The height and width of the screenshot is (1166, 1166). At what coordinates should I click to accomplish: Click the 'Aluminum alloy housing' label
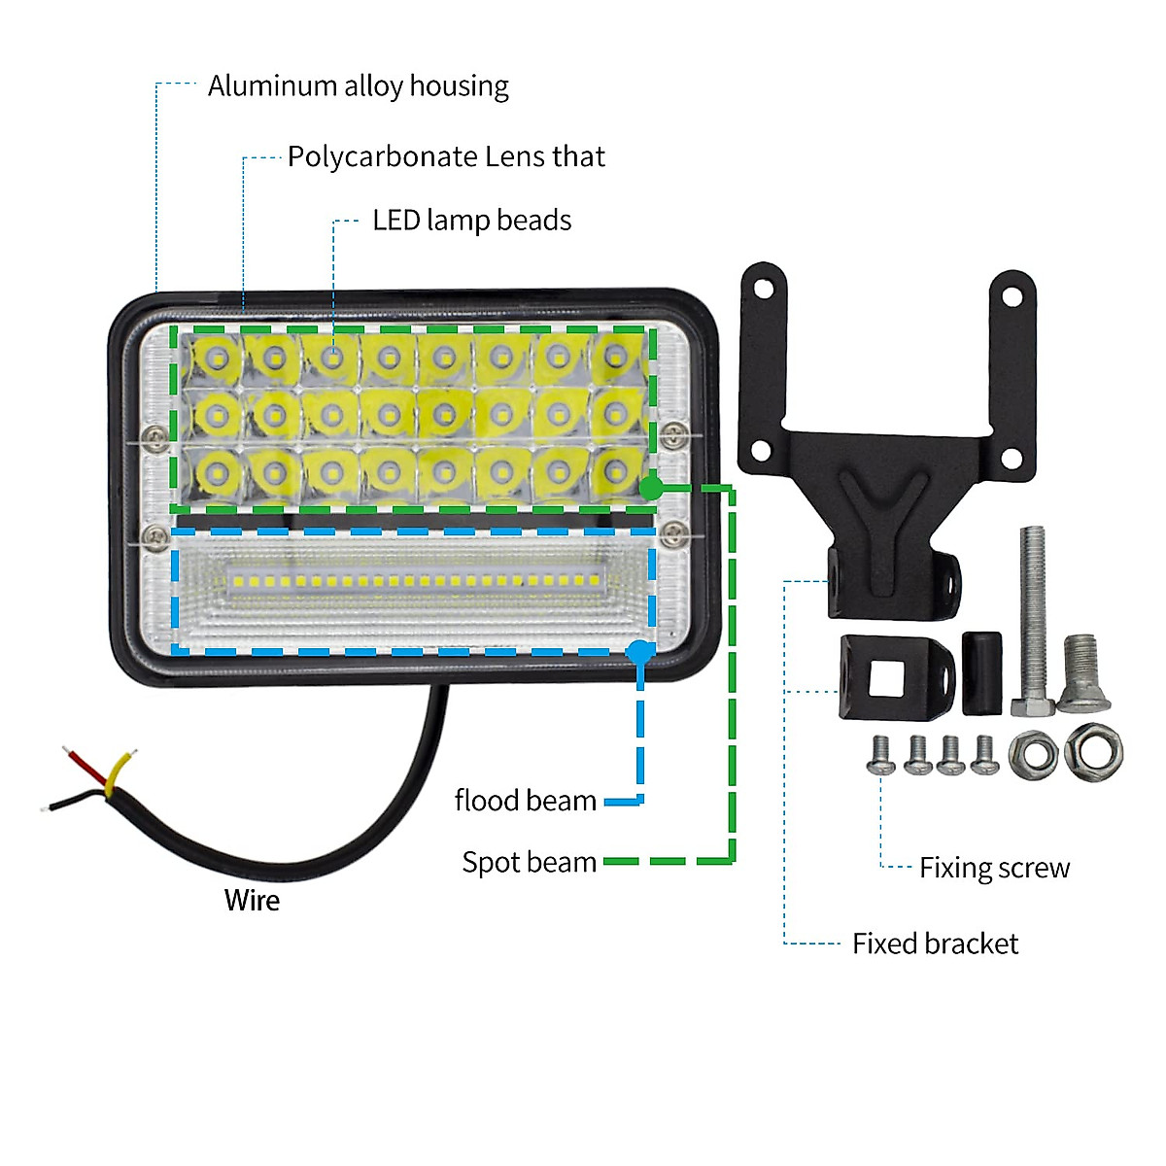pyautogui.click(x=358, y=86)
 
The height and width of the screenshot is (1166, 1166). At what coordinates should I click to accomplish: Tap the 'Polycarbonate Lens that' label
pyautogui.click(x=446, y=156)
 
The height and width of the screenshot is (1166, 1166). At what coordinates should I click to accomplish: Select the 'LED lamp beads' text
pyautogui.click(x=471, y=221)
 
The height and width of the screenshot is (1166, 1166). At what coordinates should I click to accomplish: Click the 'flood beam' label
pyautogui.click(x=525, y=801)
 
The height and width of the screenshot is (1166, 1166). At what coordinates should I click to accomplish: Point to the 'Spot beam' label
pyautogui.click(x=529, y=862)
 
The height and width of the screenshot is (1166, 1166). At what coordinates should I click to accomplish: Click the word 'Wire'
pyautogui.click(x=252, y=901)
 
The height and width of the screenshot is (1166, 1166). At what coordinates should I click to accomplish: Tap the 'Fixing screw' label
pyautogui.click(x=994, y=868)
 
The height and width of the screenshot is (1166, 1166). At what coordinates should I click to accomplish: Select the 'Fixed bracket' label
pyautogui.click(x=935, y=943)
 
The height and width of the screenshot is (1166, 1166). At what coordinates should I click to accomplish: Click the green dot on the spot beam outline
pyautogui.click(x=652, y=488)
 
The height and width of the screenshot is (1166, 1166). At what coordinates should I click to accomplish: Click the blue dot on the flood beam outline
pyautogui.click(x=638, y=651)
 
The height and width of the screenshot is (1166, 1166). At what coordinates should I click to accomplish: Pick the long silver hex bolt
pyautogui.click(x=1033, y=622)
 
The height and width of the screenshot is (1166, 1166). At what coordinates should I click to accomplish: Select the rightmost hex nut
pyautogui.click(x=1093, y=753)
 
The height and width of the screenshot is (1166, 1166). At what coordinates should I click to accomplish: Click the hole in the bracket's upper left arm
pyautogui.click(x=765, y=289)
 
